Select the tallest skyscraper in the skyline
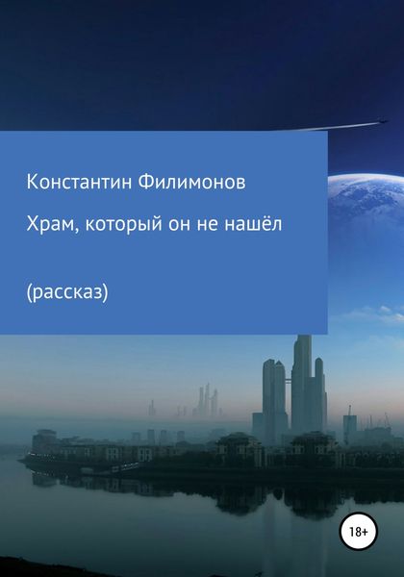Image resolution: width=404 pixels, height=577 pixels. (x=304, y=385)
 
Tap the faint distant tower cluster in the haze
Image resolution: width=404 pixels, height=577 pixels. (x=206, y=401)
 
